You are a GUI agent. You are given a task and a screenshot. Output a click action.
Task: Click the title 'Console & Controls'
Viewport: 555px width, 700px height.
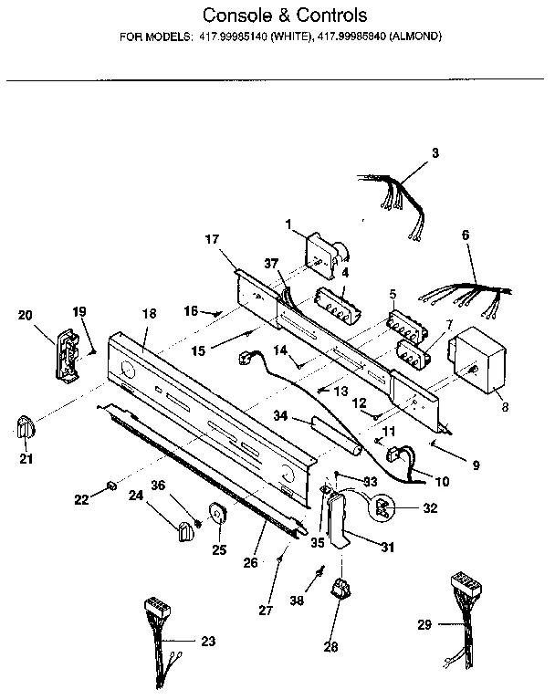click(x=284, y=16)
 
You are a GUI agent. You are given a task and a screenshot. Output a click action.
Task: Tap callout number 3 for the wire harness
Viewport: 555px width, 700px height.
click(x=435, y=153)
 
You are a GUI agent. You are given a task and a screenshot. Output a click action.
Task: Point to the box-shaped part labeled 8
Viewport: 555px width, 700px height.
click(x=478, y=358)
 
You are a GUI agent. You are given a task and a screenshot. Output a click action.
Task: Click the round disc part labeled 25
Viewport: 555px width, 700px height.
click(x=219, y=515)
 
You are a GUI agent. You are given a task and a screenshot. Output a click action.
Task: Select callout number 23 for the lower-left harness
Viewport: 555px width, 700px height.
click(x=208, y=642)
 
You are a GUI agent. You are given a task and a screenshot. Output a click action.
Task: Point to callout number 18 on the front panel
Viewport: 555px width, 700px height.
click(x=149, y=314)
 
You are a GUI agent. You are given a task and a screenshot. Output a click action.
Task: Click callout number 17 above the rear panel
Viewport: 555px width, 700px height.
click(x=212, y=240)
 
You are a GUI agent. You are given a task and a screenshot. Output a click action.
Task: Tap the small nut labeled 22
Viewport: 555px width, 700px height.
click(x=110, y=484)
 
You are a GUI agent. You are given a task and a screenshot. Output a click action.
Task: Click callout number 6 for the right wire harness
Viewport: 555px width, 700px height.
click(x=466, y=235)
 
